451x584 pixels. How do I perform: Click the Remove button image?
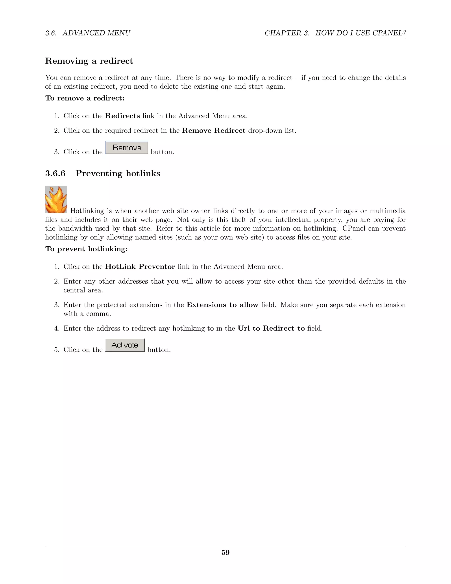point(127,148)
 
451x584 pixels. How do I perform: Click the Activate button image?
point(125,345)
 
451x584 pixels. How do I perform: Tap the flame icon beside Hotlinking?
point(56,199)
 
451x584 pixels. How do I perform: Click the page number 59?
point(225,552)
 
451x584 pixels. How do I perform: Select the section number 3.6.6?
point(55,173)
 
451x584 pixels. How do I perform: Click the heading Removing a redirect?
point(89,61)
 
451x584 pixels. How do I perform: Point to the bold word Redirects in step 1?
point(122,116)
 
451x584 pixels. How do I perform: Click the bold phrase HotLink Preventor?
point(140,267)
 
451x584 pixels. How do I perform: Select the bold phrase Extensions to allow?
point(222,305)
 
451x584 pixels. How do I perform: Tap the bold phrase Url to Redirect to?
point(271,328)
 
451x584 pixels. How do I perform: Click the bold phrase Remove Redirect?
point(213,130)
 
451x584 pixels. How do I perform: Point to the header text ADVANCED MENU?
point(96,33)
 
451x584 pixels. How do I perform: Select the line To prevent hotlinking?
point(86,249)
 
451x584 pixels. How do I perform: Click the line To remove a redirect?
point(85,98)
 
